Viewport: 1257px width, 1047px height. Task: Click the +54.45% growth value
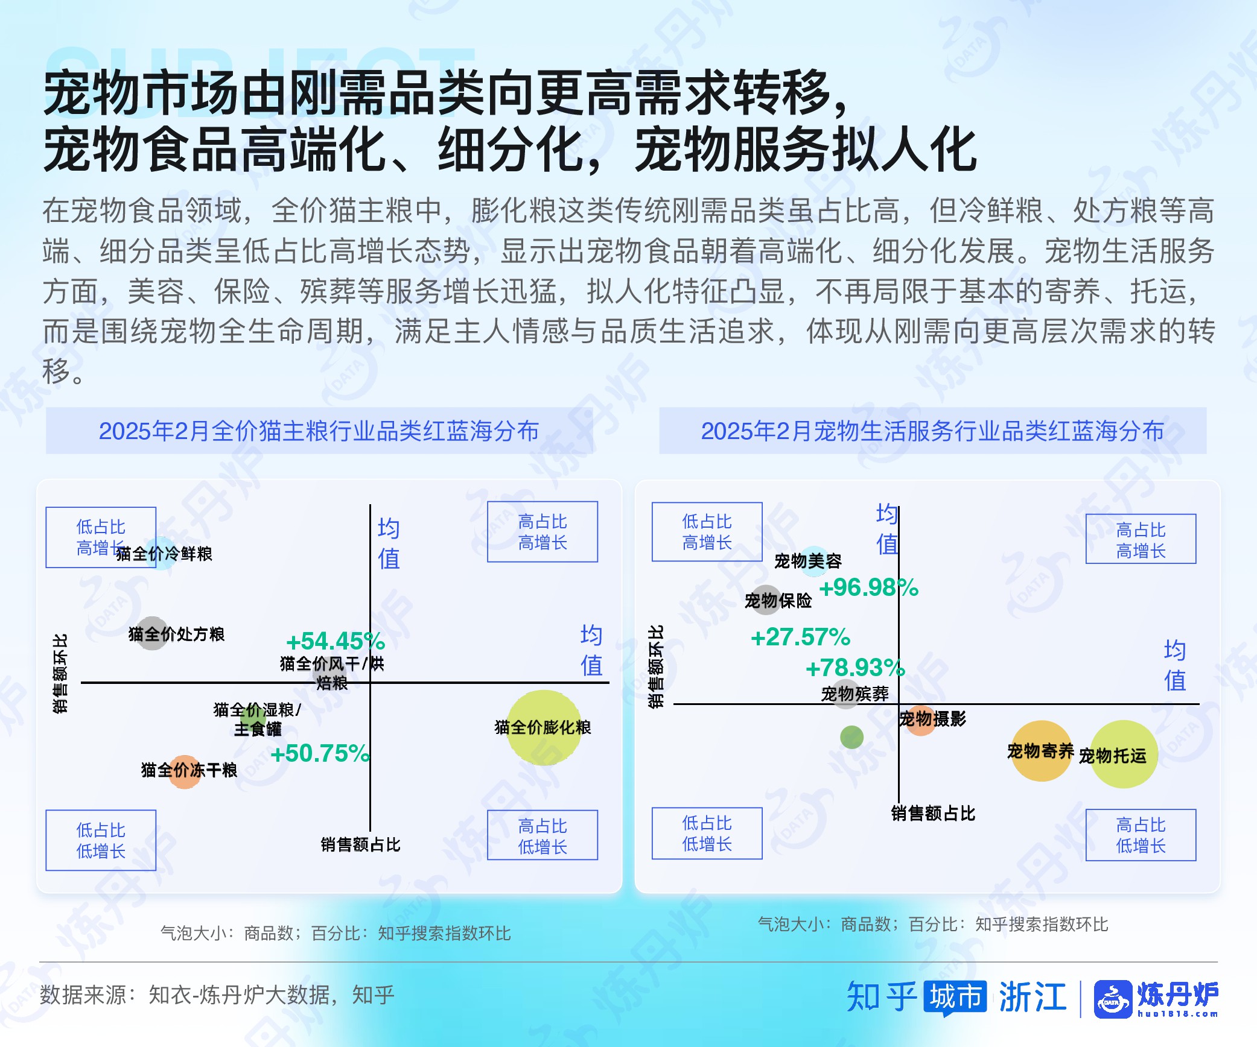(x=336, y=641)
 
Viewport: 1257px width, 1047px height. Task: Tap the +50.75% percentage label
(x=320, y=753)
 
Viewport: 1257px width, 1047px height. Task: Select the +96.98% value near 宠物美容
(x=868, y=587)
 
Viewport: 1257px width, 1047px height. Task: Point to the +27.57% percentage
(x=800, y=637)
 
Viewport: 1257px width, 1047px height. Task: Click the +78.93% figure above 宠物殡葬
(x=855, y=668)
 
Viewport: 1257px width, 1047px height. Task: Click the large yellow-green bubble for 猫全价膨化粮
(x=544, y=727)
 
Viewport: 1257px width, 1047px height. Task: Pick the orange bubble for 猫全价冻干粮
(x=185, y=772)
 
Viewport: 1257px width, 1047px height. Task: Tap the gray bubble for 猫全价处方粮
(x=152, y=633)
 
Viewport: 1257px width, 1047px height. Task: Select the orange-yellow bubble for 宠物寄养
(x=1041, y=751)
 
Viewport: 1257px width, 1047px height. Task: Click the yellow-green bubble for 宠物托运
(x=1124, y=754)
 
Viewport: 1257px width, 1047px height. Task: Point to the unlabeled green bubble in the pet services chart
(x=851, y=737)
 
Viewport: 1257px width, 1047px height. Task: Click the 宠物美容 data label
(x=808, y=561)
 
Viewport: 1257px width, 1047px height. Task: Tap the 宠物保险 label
(x=778, y=601)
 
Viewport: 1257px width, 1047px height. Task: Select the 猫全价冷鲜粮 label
(x=164, y=554)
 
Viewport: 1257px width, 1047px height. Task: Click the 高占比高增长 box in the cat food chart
(x=543, y=532)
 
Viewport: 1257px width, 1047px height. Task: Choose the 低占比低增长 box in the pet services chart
(x=707, y=833)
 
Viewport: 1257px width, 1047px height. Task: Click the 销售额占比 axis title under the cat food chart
(x=360, y=844)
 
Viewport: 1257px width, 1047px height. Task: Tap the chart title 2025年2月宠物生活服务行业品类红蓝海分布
(x=932, y=431)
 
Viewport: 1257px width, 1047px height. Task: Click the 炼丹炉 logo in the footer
(x=1156, y=999)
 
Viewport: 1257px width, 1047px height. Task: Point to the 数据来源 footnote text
(x=217, y=995)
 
